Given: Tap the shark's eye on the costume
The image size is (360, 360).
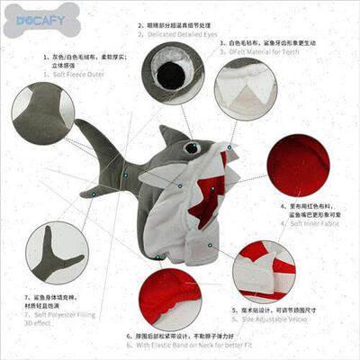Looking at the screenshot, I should coord(191,148).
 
